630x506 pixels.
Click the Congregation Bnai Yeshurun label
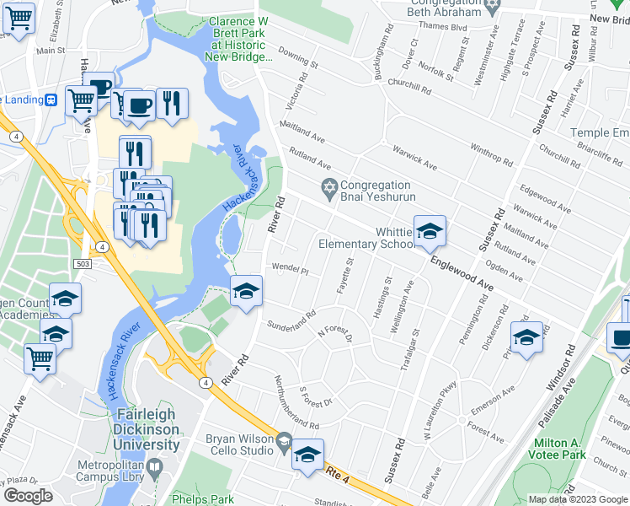(x=376, y=191)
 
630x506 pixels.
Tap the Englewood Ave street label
(x=461, y=275)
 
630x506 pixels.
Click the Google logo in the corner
(x=28, y=496)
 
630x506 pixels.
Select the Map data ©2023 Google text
(x=577, y=498)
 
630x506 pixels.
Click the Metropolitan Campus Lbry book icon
(x=154, y=467)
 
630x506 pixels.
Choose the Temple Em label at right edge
(x=600, y=133)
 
